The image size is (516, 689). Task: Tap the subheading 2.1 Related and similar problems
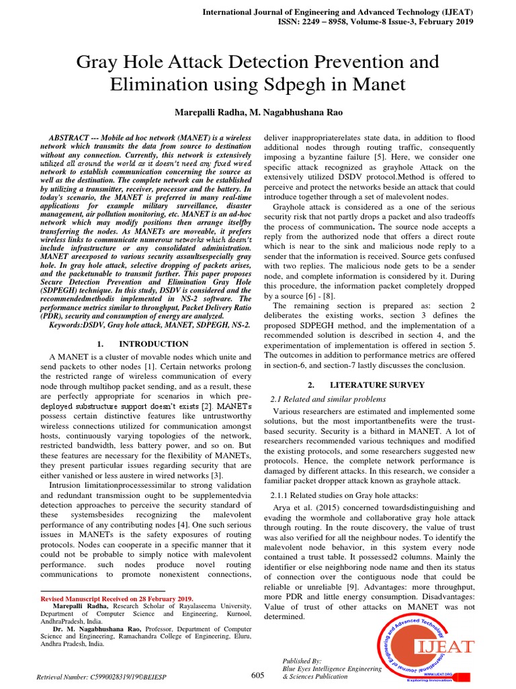[328, 399]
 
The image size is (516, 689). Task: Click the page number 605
[258, 675]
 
